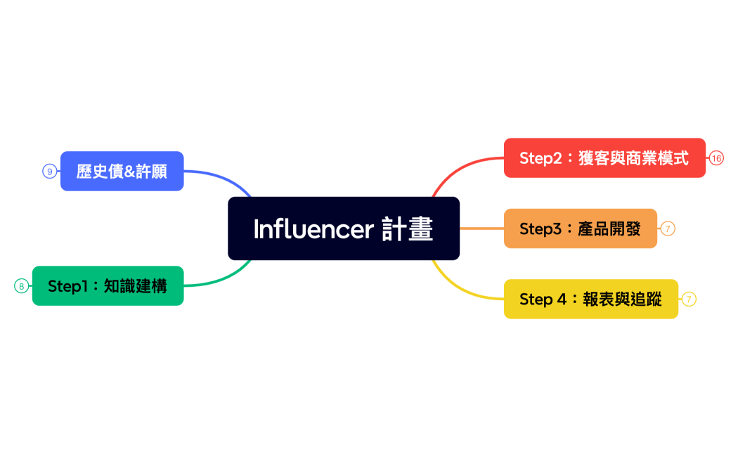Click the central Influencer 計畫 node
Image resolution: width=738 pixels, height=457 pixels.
coord(343,228)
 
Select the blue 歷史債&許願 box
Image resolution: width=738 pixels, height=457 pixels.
coord(122,171)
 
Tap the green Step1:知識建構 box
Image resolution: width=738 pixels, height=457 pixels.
coord(108,286)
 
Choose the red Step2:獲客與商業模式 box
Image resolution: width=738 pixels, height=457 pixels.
coord(604,157)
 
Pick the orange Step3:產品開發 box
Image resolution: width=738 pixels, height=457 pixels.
coord(580,228)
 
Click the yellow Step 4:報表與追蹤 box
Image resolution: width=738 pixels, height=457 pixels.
coord(590,299)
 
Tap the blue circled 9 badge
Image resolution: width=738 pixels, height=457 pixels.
coord(49,171)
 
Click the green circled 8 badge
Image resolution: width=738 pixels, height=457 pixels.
coord(21,286)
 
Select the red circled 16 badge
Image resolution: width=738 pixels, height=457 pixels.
coord(716,158)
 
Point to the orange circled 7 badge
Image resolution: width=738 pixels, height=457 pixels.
coord(668,228)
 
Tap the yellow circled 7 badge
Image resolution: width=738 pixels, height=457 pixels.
coord(689,300)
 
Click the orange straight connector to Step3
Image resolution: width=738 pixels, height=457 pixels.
coord(481,228)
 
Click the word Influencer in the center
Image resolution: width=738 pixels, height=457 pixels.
coord(313,229)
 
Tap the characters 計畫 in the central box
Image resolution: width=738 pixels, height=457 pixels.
coord(408,229)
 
